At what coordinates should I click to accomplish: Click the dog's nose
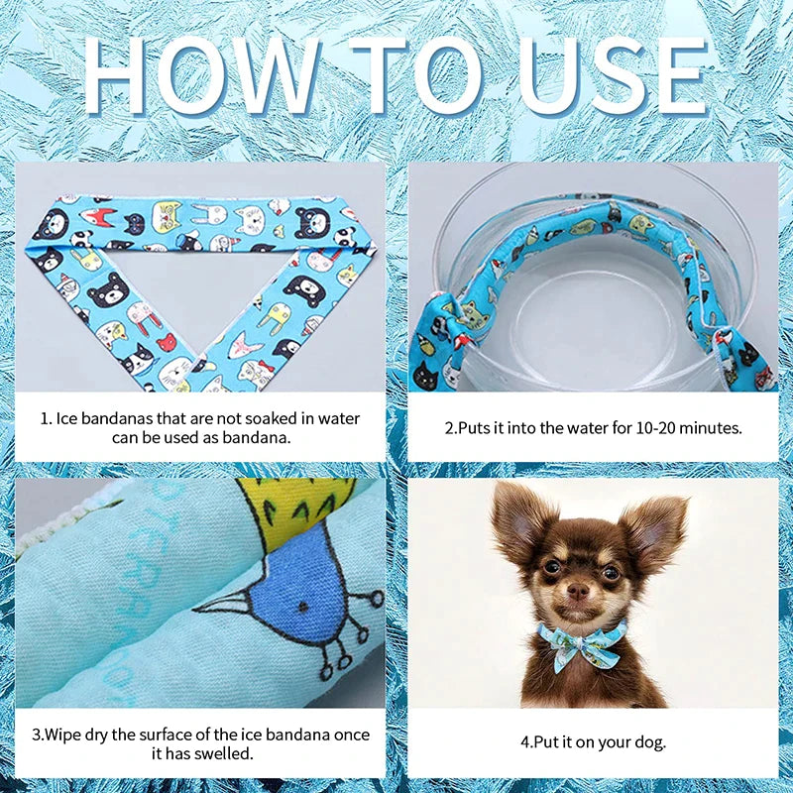(578, 590)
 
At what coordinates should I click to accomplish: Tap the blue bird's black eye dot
(303, 607)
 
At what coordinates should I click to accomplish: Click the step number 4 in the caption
(525, 742)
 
